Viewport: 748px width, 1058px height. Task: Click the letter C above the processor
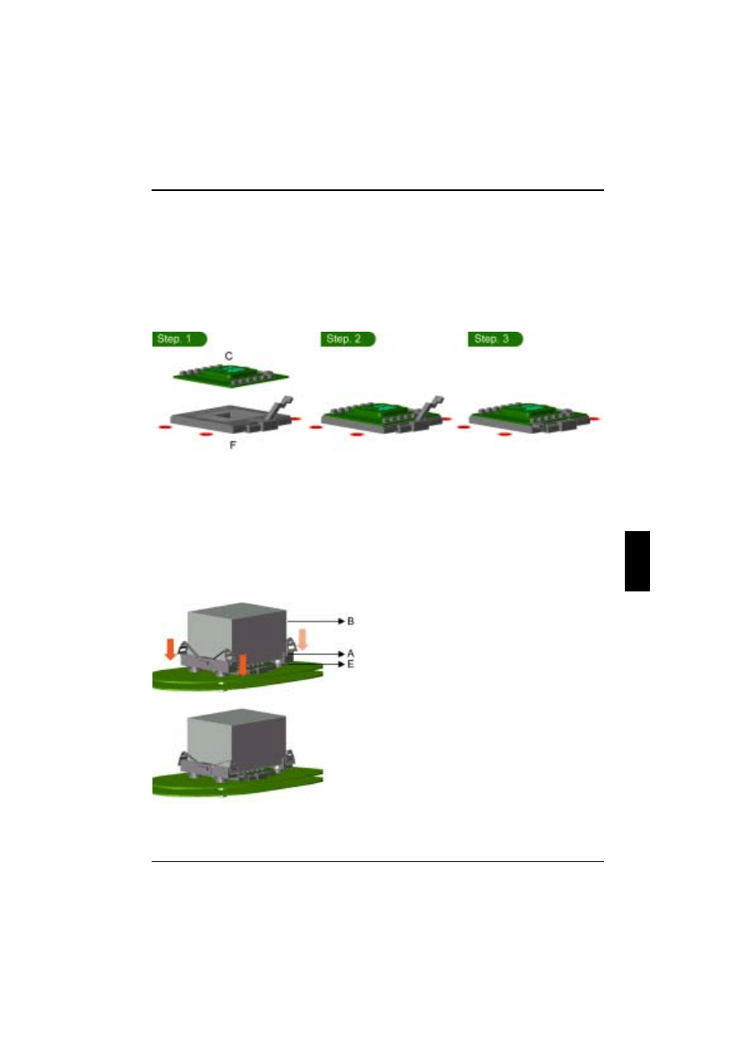[229, 357]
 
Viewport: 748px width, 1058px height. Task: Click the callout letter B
[351, 621]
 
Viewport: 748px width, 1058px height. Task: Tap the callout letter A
[351, 653]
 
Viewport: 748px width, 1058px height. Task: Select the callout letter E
[351, 663]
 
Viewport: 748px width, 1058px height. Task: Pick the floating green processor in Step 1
[232, 374]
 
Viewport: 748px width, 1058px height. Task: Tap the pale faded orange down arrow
[303, 640]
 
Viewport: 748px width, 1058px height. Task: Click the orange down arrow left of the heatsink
[171, 648]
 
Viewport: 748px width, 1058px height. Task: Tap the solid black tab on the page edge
[637, 560]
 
